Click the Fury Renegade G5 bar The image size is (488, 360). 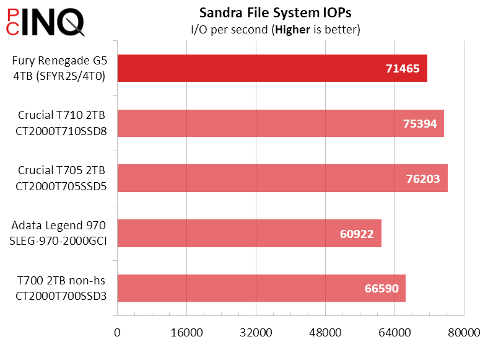click(248, 68)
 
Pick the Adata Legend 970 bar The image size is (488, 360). click(235, 233)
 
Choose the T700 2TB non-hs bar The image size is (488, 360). click(248, 288)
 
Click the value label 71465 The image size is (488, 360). click(403, 69)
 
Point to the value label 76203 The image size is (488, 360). click(422, 178)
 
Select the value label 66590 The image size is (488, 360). click(381, 289)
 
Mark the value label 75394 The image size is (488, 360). click(419, 124)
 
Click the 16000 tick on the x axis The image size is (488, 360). click(186, 333)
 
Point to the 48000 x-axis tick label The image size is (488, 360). click(326, 333)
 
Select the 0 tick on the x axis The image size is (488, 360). click(117, 333)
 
